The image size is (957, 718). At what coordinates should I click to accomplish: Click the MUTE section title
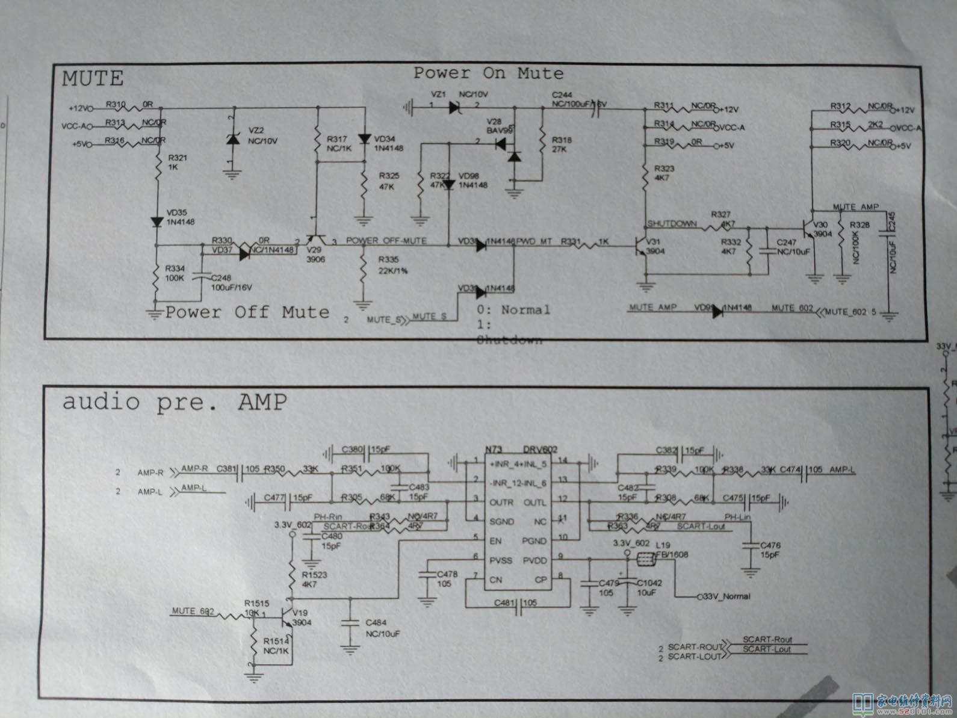point(93,78)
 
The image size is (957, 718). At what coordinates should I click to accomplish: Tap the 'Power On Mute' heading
point(488,73)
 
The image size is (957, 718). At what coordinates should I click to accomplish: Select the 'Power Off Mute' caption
point(247,312)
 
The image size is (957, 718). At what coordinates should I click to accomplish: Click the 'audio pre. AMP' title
point(175,401)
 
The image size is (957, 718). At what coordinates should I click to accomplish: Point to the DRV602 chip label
point(540,450)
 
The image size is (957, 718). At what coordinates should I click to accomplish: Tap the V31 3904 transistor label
point(655,246)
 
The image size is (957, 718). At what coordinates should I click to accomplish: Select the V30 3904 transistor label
point(822,229)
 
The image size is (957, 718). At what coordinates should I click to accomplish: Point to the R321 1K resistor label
point(178,162)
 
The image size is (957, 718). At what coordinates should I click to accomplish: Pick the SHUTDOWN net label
point(672,223)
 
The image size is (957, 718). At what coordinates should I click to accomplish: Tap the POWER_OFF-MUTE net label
point(386,241)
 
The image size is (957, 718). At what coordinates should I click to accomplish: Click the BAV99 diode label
point(499,129)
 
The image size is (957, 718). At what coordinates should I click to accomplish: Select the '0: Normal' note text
point(513,310)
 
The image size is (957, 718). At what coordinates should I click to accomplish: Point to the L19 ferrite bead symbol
point(644,562)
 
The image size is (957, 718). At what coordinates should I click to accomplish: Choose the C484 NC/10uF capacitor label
point(383,628)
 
